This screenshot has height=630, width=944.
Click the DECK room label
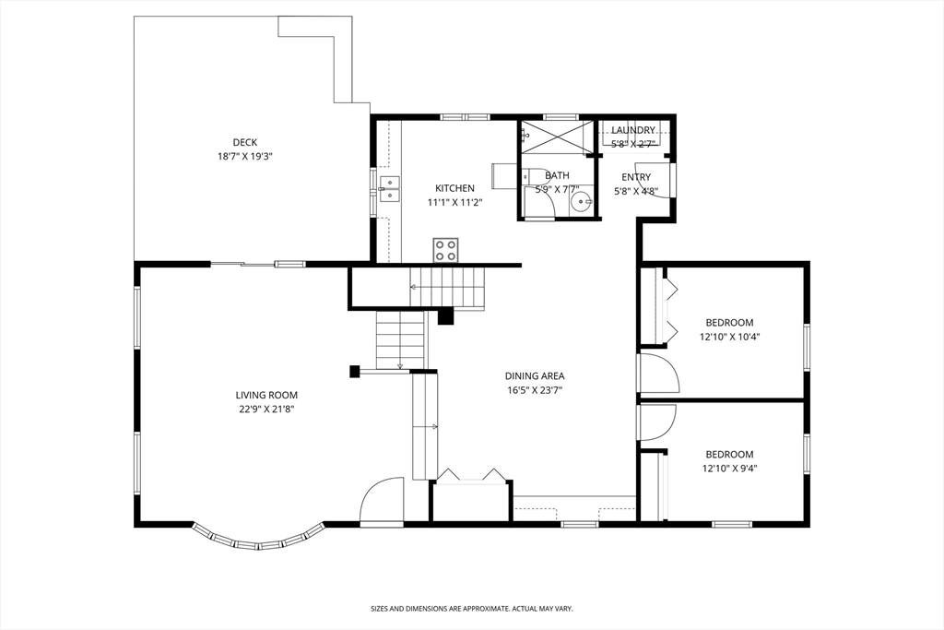pyautogui.click(x=245, y=142)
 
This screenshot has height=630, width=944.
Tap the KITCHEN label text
pyautogui.click(x=454, y=188)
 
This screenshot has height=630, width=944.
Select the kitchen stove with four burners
pyautogui.click(x=445, y=251)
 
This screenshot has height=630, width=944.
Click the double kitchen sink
pyautogui.click(x=388, y=188)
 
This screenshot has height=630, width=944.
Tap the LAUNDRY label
pyautogui.click(x=633, y=130)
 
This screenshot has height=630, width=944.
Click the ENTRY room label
pyautogui.click(x=636, y=177)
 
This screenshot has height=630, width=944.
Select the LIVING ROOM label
pyautogui.click(x=266, y=395)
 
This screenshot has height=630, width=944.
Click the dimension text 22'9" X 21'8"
pyautogui.click(x=266, y=410)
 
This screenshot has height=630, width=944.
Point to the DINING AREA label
pyautogui.click(x=535, y=375)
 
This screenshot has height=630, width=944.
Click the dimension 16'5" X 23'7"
pyautogui.click(x=535, y=390)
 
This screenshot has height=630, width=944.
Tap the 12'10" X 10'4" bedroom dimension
pyautogui.click(x=730, y=338)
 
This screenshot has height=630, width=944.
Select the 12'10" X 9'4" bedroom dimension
pyautogui.click(x=730, y=469)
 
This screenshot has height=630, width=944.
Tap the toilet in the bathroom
pyautogui.click(x=534, y=177)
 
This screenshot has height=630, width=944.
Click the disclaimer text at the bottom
pyautogui.click(x=471, y=609)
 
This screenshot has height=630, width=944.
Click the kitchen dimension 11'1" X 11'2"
pyautogui.click(x=454, y=203)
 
